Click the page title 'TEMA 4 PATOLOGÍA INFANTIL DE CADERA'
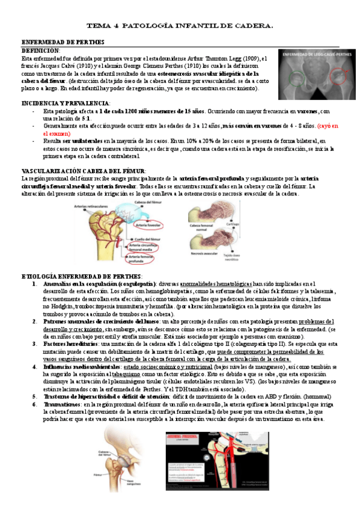[180, 26]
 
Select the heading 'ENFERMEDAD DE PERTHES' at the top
[63, 42]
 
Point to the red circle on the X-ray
[299, 78]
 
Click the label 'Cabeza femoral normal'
[201, 228]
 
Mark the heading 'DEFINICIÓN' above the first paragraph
[41, 51]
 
